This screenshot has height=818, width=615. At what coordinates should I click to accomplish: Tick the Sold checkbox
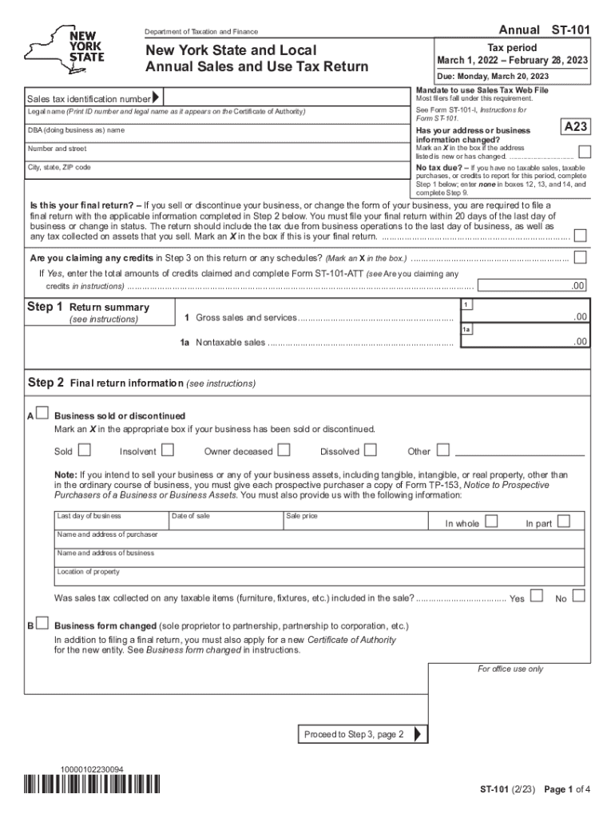[84, 450]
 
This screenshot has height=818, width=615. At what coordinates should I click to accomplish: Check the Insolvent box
[168, 450]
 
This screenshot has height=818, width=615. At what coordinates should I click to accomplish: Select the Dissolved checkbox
[371, 450]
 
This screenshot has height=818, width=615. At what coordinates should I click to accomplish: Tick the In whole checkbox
[491, 522]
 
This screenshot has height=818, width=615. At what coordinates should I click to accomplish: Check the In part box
[564, 522]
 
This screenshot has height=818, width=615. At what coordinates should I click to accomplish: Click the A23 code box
[576, 127]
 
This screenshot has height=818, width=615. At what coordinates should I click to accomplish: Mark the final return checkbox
[581, 236]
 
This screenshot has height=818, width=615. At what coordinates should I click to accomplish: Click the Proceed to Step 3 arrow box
[363, 734]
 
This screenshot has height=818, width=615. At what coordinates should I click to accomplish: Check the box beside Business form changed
[42, 624]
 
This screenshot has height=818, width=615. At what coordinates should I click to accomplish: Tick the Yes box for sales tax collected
[536, 595]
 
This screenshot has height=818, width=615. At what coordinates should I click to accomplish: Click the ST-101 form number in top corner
[571, 30]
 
